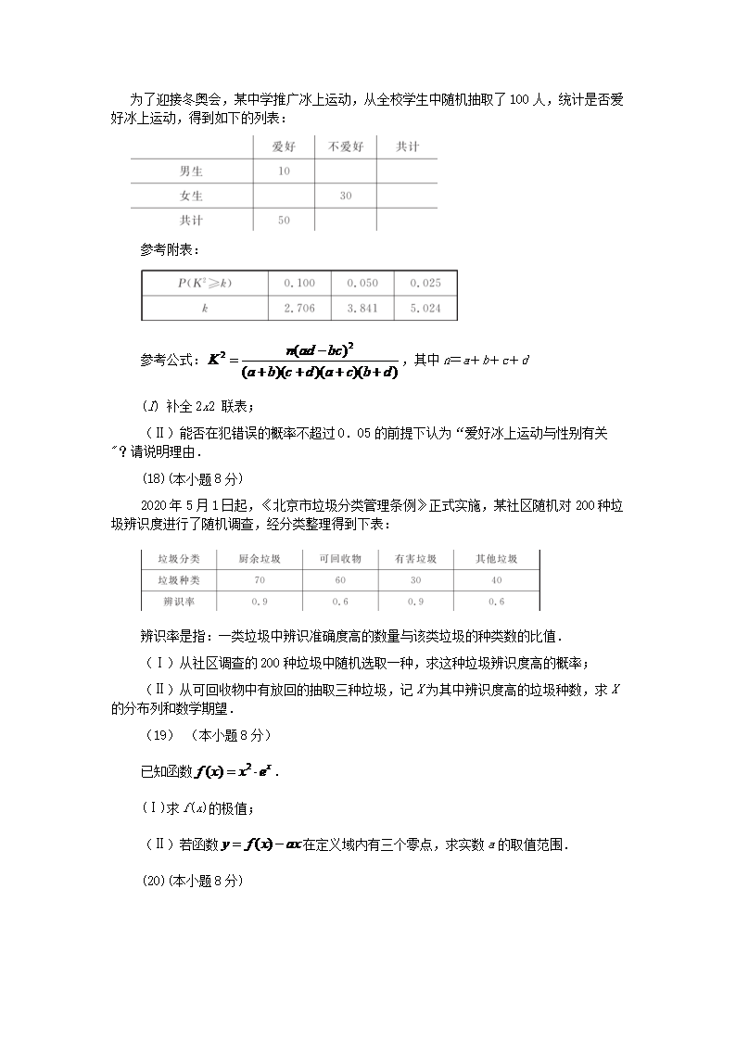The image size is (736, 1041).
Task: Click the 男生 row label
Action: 191,171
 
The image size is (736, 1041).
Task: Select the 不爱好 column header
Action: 346,146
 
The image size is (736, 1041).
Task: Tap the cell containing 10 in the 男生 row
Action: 284,171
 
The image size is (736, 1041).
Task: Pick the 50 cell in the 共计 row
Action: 284,221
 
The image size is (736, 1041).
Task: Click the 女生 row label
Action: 191,196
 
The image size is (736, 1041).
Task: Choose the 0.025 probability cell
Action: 425,283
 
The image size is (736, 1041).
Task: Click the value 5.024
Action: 425,307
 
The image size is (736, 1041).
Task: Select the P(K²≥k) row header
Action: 204,283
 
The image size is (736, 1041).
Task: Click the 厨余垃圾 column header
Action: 260,559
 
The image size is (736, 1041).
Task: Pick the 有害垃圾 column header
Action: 415,559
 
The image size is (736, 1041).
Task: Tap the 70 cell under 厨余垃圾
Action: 260,580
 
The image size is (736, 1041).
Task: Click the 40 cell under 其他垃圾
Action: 496,580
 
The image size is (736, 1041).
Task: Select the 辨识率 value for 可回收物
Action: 340,602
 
